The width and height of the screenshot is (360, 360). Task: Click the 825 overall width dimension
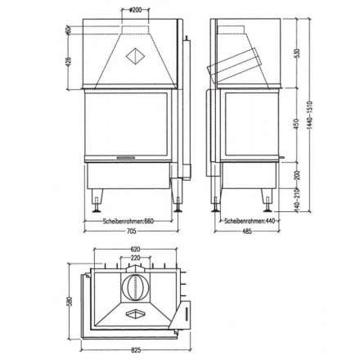coord(135,349)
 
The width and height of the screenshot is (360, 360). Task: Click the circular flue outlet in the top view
coord(135,288)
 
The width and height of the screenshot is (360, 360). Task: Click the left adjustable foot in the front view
coord(99,197)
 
